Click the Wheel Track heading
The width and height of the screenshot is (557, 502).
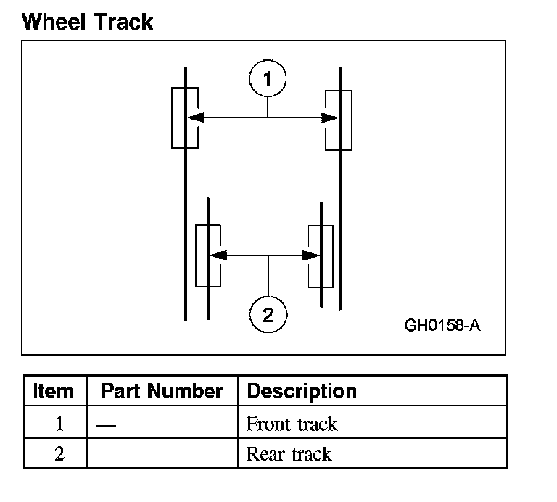(x=87, y=22)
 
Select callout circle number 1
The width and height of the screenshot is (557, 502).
(x=268, y=78)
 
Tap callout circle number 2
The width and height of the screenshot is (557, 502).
(x=268, y=314)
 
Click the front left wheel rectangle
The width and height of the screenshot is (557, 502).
(x=184, y=118)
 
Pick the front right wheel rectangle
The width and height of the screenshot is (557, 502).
(x=339, y=120)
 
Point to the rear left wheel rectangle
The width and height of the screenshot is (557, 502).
(x=207, y=255)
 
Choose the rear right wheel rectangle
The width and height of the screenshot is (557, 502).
(x=321, y=255)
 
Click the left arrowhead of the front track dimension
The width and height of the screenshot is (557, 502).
(x=194, y=118)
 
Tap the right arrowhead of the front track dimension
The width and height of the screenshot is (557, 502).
(x=329, y=118)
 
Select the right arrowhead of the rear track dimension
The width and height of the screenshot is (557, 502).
(x=312, y=255)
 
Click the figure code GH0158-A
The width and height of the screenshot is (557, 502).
(x=442, y=324)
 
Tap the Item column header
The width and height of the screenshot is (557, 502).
(x=54, y=392)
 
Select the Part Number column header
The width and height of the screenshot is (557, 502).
(x=162, y=392)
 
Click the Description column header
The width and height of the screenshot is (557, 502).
(x=302, y=392)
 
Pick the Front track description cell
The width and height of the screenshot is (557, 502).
(x=292, y=424)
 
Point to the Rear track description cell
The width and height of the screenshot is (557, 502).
(x=289, y=455)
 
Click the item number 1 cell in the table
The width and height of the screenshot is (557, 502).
(x=59, y=424)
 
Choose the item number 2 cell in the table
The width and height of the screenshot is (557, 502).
(x=59, y=455)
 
